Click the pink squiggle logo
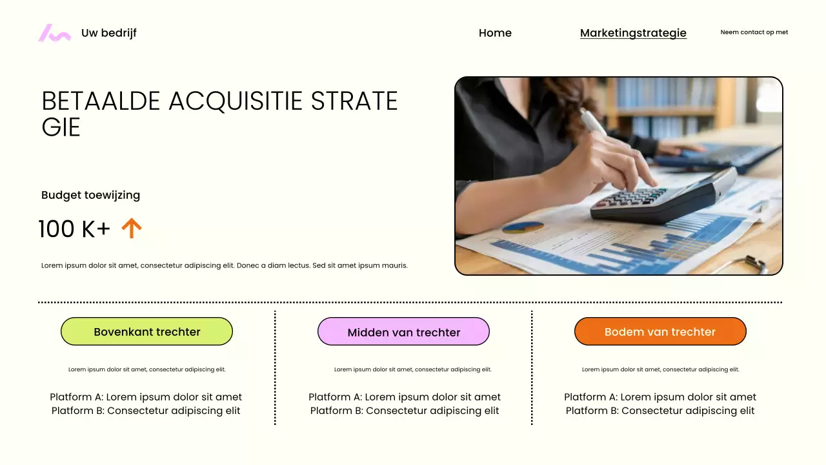click(x=54, y=33)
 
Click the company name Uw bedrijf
click(x=108, y=33)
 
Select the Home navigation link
click(x=495, y=33)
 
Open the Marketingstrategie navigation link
click(x=633, y=33)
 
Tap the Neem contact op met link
click(x=754, y=32)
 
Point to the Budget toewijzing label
click(x=90, y=195)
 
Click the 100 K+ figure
click(x=74, y=229)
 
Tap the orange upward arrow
click(x=132, y=228)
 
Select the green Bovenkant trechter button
click(x=146, y=332)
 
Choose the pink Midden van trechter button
click(x=403, y=332)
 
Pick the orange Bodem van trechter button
click(x=660, y=332)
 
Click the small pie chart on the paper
click(x=523, y=227)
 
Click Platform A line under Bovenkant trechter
click(x=146, y=397)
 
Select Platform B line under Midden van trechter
click(x=404, y=411)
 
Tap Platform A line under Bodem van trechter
click(x=660, y=397)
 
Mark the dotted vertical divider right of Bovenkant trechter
click(x=275, y=368)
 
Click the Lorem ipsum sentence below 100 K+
click(x=225, y=265)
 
